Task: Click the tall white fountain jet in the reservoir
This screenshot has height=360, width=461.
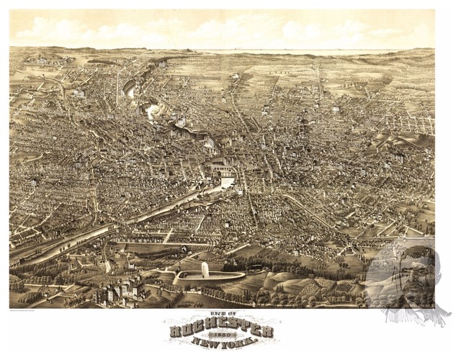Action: click(x=205, y=269)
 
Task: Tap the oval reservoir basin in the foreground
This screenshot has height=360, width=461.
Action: click(x=209, y=276)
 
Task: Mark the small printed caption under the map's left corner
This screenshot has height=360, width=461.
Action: click(x=32, y=310)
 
